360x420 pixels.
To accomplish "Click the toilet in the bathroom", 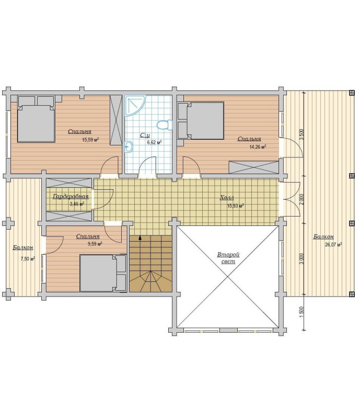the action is click(165, 125).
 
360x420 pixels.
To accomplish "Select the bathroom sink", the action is click(129, 147).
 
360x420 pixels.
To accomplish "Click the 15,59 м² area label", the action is click(90, 140).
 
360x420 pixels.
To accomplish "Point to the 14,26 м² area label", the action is click(258, 147).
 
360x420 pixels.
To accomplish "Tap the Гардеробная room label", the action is click(71, 196).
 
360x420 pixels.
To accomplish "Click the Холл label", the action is click(227, 198).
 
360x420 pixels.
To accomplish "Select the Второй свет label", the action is click(228, 258).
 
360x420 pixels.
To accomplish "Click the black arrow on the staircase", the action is click(140, 237).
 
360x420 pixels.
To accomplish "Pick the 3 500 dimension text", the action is click(301, 134).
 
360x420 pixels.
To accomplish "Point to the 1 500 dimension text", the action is click(301, 312).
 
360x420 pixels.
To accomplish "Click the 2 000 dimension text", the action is click(301, 200).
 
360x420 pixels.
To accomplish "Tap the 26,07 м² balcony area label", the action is click(333, 245).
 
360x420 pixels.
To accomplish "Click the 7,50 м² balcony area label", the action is click(28, 259).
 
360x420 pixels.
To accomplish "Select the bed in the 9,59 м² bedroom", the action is click(103, 273).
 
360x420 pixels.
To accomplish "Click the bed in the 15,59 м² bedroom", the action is click(37, 119).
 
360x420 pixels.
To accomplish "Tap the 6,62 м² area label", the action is click(155, 142).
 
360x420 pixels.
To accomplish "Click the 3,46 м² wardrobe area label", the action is click(77, 204).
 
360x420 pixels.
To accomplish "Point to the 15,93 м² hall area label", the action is click(236, 206).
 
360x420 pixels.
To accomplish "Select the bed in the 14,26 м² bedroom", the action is click(201, 120).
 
